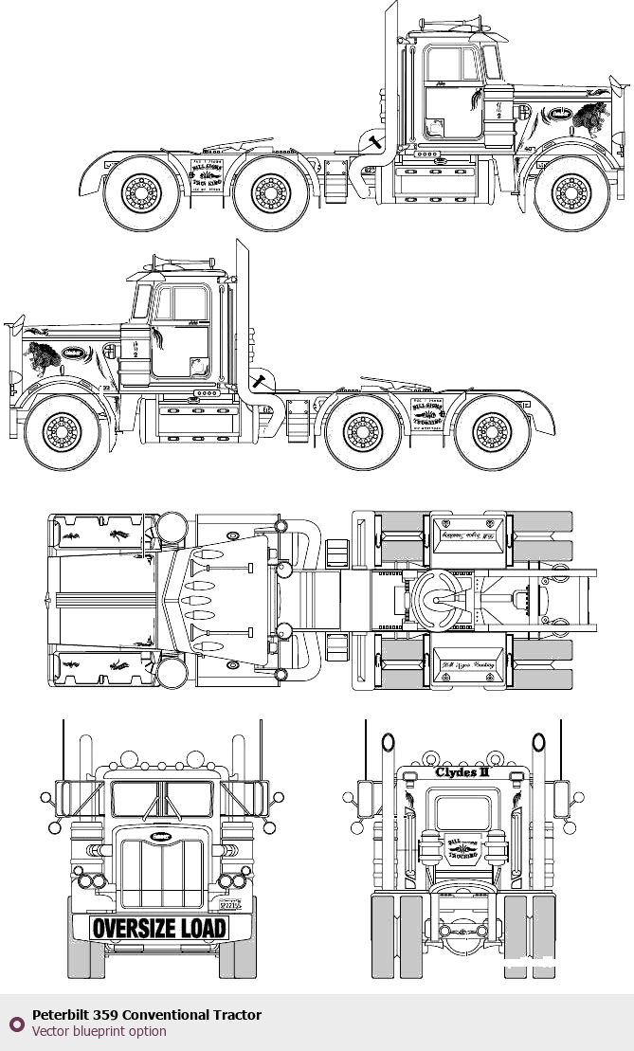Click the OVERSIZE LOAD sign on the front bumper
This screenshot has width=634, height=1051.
coord(160,928)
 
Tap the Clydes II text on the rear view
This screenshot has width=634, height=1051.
coord(462,772)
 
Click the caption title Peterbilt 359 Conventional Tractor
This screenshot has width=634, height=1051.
coord(147,1015)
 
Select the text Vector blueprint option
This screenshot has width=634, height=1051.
coord(100,1031)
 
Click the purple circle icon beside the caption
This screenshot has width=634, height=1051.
coord(16,1024)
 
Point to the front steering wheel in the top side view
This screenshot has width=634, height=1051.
coord(571,194)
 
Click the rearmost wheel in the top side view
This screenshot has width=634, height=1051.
coord(141,194)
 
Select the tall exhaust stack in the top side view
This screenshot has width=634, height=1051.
coord(389,66)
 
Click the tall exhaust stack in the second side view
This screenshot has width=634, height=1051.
coord(243,303)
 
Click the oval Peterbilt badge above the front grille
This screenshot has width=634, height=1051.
coord(160,837)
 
